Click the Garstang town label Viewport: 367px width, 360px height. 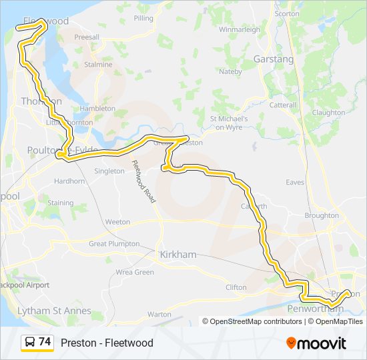[274, 59]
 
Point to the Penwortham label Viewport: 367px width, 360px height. [314, 310]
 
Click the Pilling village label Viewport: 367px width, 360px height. [143, 18]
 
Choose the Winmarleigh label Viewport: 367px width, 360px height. [238, 30]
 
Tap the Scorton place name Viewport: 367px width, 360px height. [287, 13]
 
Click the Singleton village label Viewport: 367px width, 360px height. [109, 171]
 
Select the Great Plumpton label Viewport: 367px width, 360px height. [114, 244]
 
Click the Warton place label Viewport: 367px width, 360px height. [159, 313]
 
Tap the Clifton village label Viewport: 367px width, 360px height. [236, 287]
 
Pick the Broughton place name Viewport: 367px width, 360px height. [321, 216]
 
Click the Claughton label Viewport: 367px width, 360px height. [328, 113]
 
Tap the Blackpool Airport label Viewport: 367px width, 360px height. [25, 285]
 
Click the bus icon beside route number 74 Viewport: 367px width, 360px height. [30, 343]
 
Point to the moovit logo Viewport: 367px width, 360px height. [316, 343]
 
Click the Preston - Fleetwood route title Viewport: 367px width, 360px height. [107, 343]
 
